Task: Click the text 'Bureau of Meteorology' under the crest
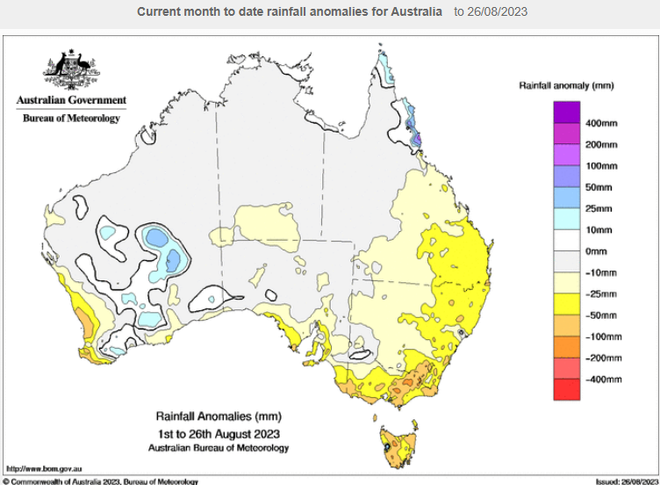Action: click(x=70, y=119)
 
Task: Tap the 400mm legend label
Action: click(x=601, y=124)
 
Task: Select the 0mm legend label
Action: click(x=597, y=251)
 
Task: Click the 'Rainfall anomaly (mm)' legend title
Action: click(x=566, y=86)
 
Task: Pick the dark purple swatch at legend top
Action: click(x=566, y=112)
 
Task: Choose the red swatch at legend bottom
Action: click(x=566, y=389)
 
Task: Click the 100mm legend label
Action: click(x=601, y=166)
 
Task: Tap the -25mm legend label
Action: click(x=600, y=293)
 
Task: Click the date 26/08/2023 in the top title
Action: click(x=491, y=12)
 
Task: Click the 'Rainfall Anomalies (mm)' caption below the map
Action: click(x=219, y=416)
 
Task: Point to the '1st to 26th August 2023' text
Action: click(x=219, y=432)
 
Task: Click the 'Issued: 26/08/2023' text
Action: click(x=626, y=481)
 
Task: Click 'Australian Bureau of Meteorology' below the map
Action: click(x=219, y=447)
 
